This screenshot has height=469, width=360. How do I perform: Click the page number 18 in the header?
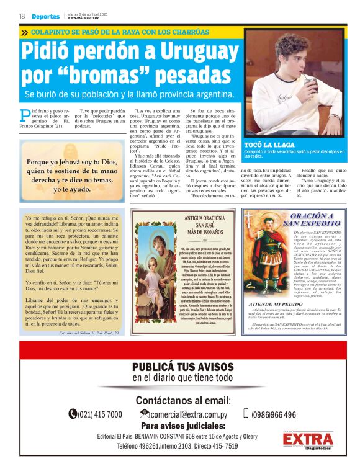click(x=22, y=16)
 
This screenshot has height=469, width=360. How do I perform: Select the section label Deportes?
click(x=45, y=16)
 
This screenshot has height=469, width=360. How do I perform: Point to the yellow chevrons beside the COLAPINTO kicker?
click(x=24, y=32)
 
